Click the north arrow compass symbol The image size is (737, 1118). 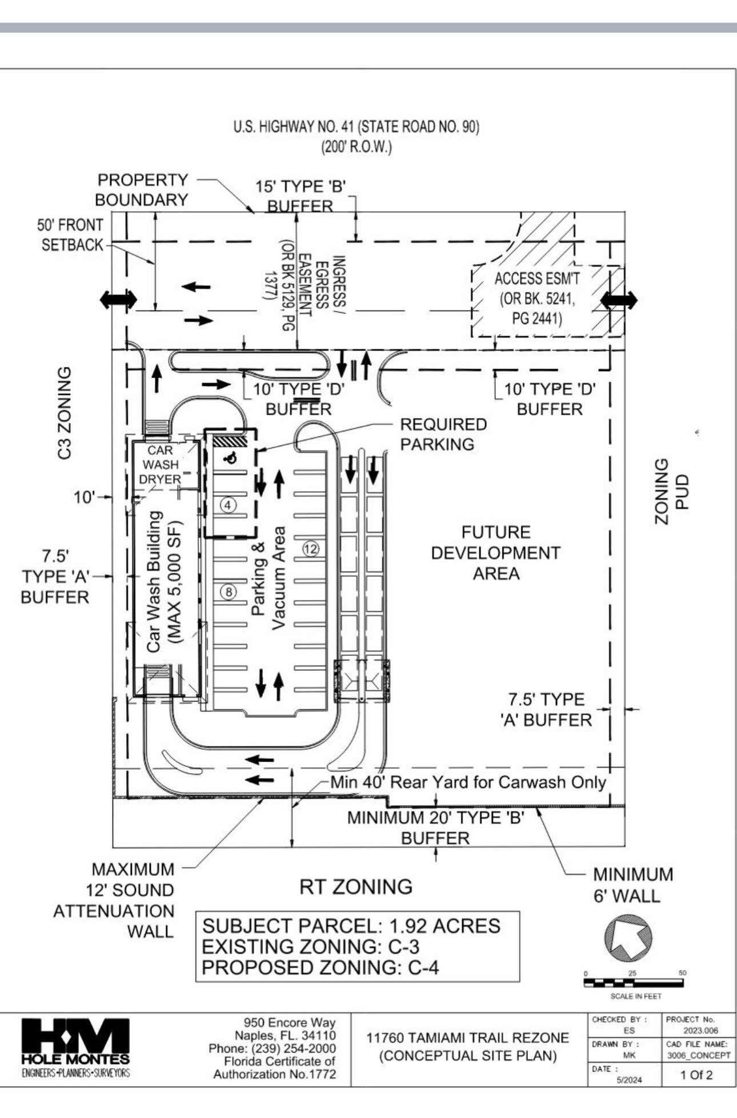pos(628,938)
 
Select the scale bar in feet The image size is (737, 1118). pos(633,984)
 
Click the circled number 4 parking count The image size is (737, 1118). pos(229,506)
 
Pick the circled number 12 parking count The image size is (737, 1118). pos(310,550)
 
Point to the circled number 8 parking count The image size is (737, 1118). pos(229,592)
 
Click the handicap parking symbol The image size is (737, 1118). pos(231,457)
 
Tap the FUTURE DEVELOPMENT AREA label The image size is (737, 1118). pos(495,553)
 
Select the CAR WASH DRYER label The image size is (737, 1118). pos(160,465)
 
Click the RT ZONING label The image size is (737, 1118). pos(355,887)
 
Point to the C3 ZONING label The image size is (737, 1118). pos(65,413)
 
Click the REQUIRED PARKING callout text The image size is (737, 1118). pos(443,434)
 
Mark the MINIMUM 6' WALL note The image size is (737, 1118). pos(632,885)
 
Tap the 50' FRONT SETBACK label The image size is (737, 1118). pos(71,235)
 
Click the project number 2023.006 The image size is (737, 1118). pos(700,1031)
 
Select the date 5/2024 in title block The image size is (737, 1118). pos(628,1080)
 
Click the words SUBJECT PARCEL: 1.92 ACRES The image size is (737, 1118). pos(351,926)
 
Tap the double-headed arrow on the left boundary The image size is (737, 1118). pos(118,299)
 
